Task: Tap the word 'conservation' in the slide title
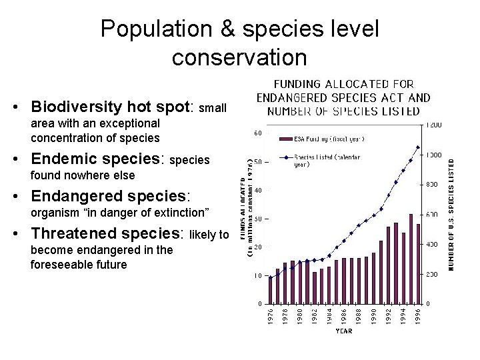pos(239,57)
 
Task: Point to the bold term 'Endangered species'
pos(111,197)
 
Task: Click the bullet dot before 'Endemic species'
pos(23,160)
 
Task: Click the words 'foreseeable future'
pos(79,265)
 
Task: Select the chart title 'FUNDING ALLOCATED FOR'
pos(343,85)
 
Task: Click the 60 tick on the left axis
pos(257,133)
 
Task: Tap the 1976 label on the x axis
pos(270,316)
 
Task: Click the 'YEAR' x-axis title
pos(344,329)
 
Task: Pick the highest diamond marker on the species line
pos(418,147)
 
